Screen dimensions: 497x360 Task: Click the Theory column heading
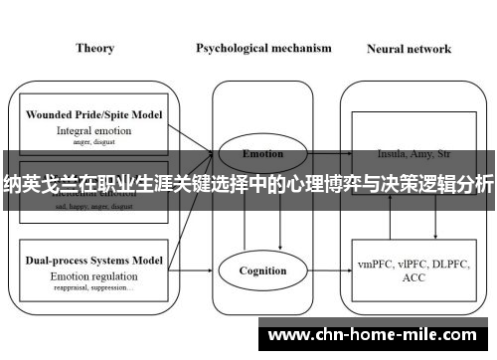coord(94,48)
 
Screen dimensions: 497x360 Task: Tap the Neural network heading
coord(409,48)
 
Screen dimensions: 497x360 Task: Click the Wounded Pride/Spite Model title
coord(94,114)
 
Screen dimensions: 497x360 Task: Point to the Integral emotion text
coord(94,130)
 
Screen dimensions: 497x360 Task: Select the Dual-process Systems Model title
coord(94,260)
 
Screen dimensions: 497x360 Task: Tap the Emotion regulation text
coord(94,274)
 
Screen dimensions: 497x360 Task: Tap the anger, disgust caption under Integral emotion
coord(94,142)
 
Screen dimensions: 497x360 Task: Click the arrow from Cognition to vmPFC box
coord(322,270)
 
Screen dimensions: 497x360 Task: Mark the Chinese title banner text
coord(248,183)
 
